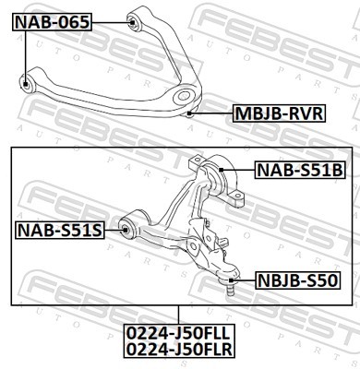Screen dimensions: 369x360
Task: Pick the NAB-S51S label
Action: [58, 228]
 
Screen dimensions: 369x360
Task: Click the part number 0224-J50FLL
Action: [179, 335]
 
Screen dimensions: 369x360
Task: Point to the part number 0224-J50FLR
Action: [179, 351]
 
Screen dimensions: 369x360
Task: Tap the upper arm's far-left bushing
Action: [28, 84]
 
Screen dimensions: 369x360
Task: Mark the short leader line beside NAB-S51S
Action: [112, 228]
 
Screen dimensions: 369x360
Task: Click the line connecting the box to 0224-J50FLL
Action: [179, 315]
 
